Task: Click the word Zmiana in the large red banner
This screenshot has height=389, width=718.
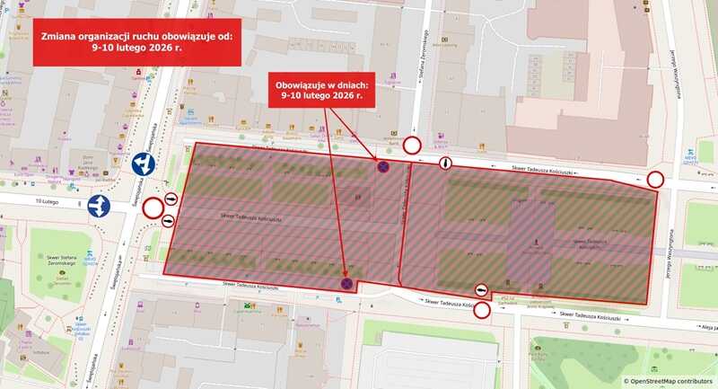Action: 60,39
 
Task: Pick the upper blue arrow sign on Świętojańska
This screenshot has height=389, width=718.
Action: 144,164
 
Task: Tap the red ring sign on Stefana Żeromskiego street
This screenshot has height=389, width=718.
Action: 412,146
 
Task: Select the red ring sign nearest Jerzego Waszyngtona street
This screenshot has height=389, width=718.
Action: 656,180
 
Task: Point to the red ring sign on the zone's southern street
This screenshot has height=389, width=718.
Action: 482,311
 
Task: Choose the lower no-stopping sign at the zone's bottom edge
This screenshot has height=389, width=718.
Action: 346,284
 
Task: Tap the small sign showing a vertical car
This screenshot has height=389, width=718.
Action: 446,164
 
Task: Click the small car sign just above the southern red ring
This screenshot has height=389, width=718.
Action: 482,290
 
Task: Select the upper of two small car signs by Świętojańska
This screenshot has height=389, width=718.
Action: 171,199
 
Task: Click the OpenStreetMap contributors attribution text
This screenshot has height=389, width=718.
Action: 669,381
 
